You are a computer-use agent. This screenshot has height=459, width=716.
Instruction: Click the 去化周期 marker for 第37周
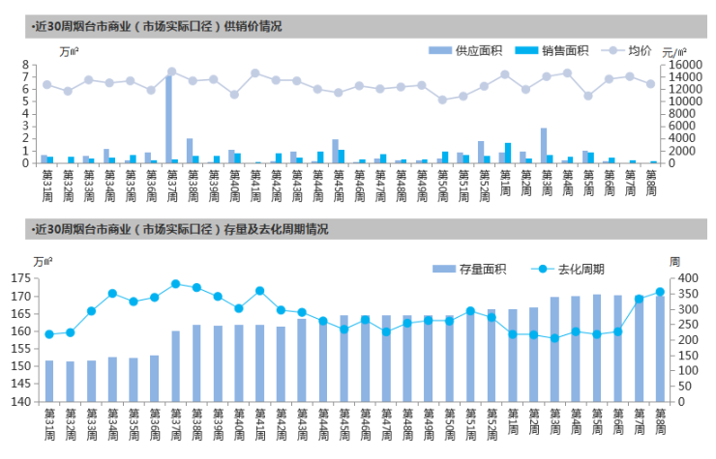tap(175, 284)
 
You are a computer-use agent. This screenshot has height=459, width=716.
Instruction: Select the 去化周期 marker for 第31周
tap(49, 334)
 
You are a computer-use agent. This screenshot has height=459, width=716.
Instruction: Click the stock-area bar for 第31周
tap(49, 381)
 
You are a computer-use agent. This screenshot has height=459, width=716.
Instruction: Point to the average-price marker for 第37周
tap(171, 72)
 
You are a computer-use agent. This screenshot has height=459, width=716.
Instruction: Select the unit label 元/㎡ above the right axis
tap(673, 51)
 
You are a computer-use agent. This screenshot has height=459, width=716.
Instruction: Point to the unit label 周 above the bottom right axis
tap(674, 261)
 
